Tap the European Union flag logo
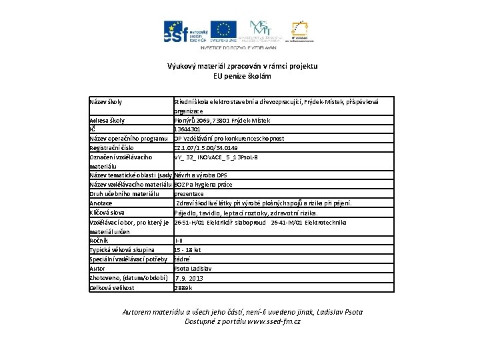point(224,31)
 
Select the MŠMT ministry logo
point(263,31)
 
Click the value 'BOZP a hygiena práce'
point(203,185)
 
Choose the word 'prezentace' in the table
point(189,194)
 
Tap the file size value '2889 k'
point(183,287)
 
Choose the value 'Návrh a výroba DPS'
point(201,175)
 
